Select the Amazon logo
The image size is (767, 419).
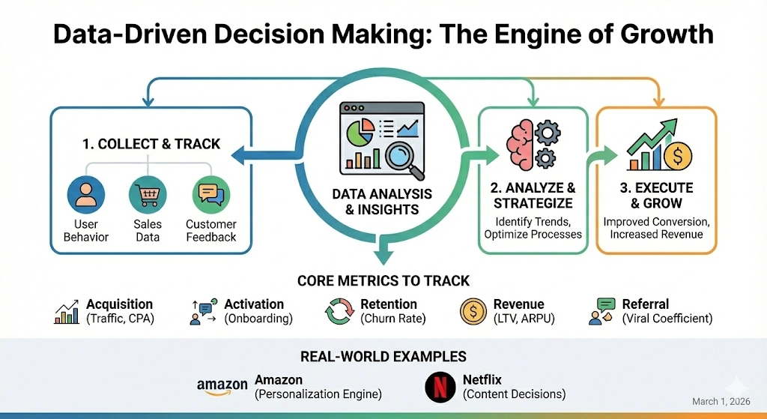(222, 387)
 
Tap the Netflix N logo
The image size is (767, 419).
(440, 387)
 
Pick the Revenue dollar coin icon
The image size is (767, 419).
(474, 311)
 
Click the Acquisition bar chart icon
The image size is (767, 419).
(67, 312)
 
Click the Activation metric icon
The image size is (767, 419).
(202, 311)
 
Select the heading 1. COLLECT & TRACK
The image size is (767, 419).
(151, 143)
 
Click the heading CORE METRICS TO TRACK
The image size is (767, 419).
(383, 281)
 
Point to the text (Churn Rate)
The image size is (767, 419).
(393, 319)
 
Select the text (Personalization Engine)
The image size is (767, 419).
(318, 394)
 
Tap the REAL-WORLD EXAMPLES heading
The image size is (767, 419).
(383, 356)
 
